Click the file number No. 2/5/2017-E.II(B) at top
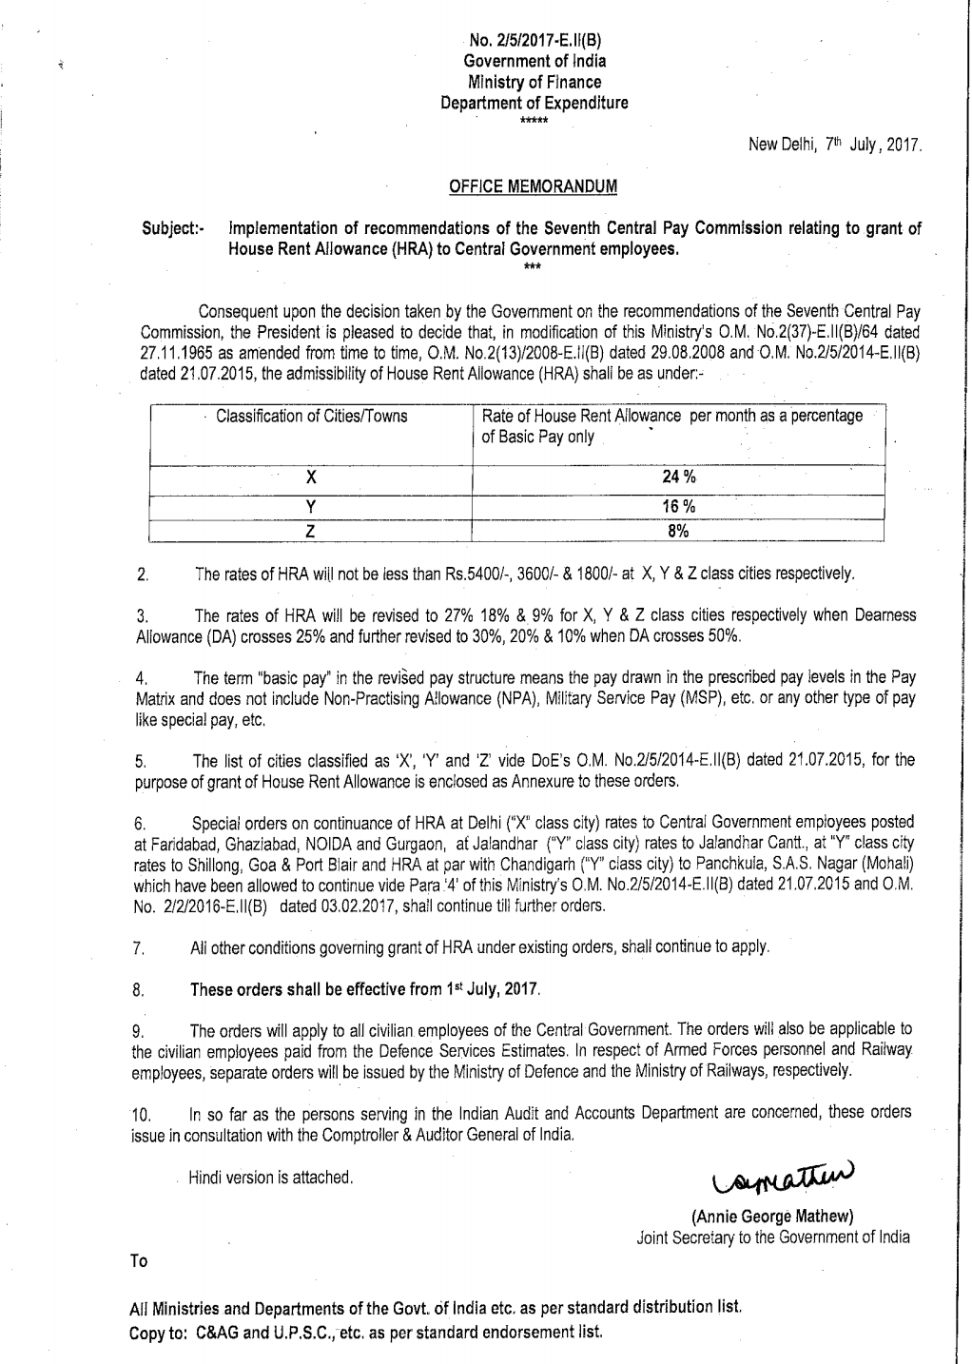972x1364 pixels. tap(535, 41)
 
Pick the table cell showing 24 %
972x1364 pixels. tap(679, 478)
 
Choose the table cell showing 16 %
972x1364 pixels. tap(679, 506)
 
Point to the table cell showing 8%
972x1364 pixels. tap(679, 532)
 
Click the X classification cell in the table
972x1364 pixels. tap(311, 478)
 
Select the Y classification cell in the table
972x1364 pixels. tap(311, 506)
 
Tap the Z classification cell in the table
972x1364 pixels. tap(311, 532)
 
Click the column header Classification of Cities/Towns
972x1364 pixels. tap(312, 417)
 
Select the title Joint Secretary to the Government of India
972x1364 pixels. tap(772, 1237)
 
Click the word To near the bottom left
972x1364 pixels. tap(139, 1261)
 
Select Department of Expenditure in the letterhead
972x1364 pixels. tap(535, 103)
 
